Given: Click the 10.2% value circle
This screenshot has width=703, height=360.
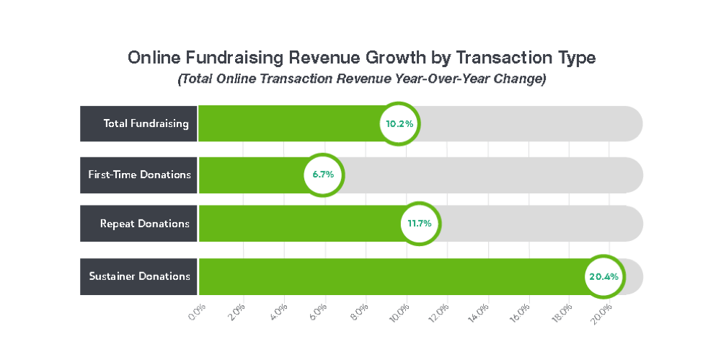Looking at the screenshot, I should pos(399,123).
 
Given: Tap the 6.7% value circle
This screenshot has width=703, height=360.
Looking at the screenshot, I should pos(324,175).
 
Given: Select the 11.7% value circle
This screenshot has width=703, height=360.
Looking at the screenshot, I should pos(419,224).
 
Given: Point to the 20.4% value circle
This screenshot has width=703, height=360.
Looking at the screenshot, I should pos(603,276).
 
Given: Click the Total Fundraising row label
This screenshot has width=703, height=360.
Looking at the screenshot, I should pos(138,123).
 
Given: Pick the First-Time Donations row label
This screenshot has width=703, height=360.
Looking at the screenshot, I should pos(138,175).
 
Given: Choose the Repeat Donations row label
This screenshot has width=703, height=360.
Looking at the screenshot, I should pos(138,224).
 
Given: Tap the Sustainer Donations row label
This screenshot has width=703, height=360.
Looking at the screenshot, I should pos(138,276).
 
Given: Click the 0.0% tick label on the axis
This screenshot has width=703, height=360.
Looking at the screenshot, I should pos(197,313).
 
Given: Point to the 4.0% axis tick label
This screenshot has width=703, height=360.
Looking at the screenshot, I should pos(278,313).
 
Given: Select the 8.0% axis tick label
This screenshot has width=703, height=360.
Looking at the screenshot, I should pos(359,313).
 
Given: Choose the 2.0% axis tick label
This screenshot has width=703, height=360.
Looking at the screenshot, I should pos(238,313).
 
